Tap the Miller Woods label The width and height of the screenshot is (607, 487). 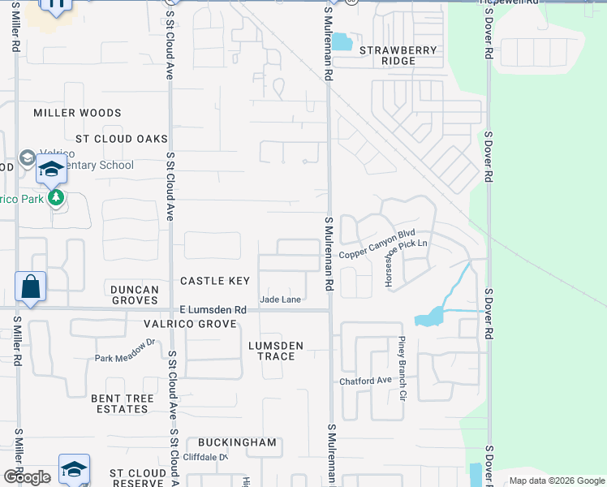(x=77, y=113)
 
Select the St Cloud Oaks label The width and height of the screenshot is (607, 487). (x=121, y=140)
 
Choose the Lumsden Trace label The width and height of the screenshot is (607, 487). (x=276, y=351)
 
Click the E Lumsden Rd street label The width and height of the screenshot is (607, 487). (x=213, y=310)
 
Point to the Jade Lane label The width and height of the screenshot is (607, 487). (x=281, y=300)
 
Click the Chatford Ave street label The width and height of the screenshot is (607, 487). (x=365, y=380)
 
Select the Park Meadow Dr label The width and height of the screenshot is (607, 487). (x=124, y=358)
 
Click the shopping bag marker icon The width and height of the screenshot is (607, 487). (x=30, y=287)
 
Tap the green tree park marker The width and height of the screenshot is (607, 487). (x=56, y=197)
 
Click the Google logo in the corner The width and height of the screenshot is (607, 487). (x=27, y=477)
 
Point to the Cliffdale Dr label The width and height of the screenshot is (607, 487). (x=206, y=457)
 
